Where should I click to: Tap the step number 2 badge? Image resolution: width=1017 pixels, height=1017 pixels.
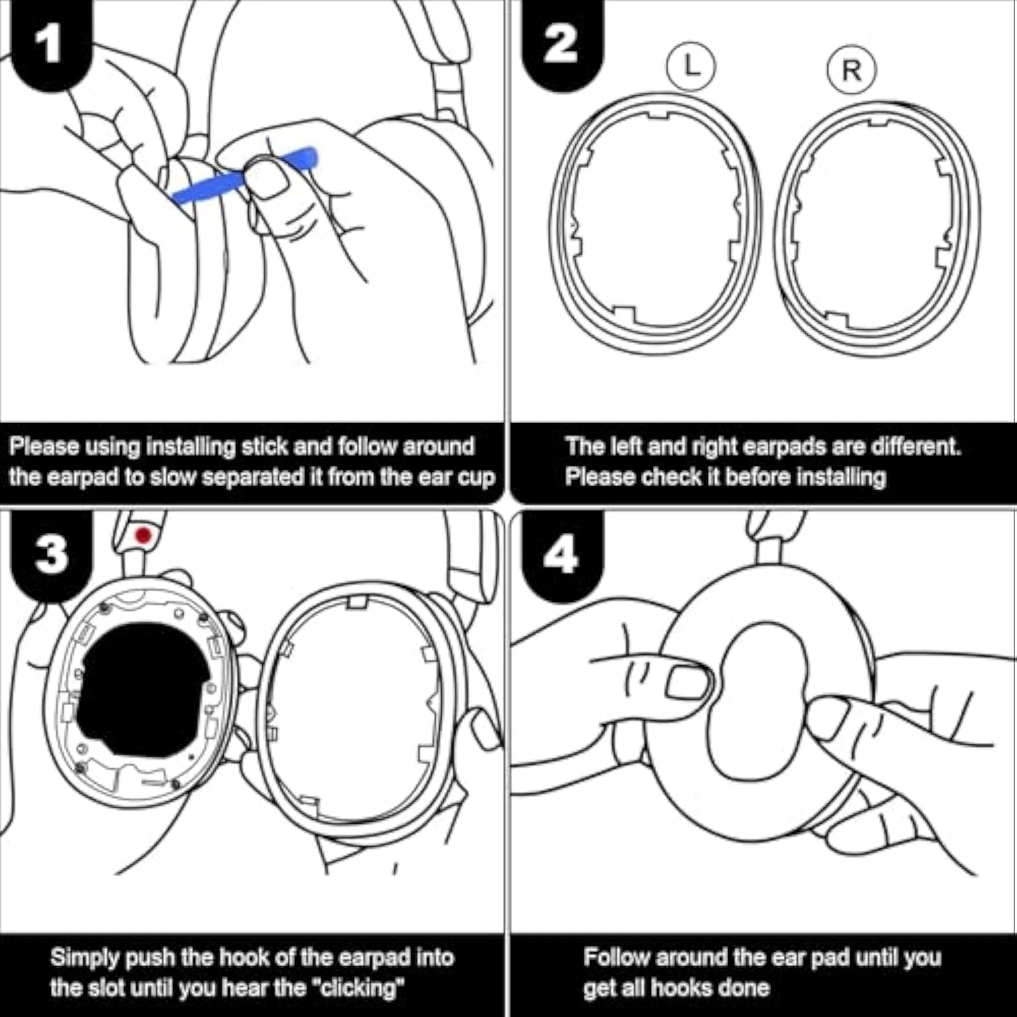coord(560,44)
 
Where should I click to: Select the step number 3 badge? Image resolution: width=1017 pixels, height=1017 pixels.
coord(51,555)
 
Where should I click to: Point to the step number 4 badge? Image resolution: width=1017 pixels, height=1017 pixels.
coord(560,555)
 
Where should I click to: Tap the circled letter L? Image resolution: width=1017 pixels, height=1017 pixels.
coord(691,66)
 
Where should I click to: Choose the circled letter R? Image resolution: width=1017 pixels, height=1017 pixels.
coord(852,70)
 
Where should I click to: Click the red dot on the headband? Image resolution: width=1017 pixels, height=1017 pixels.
coord(143,536)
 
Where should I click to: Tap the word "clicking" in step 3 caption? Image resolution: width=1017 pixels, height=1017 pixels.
coord(358,988)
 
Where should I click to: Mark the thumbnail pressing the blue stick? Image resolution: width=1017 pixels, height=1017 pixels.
coord(266,178)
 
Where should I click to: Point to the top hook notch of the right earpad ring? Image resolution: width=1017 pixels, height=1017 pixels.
coord(878,122)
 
